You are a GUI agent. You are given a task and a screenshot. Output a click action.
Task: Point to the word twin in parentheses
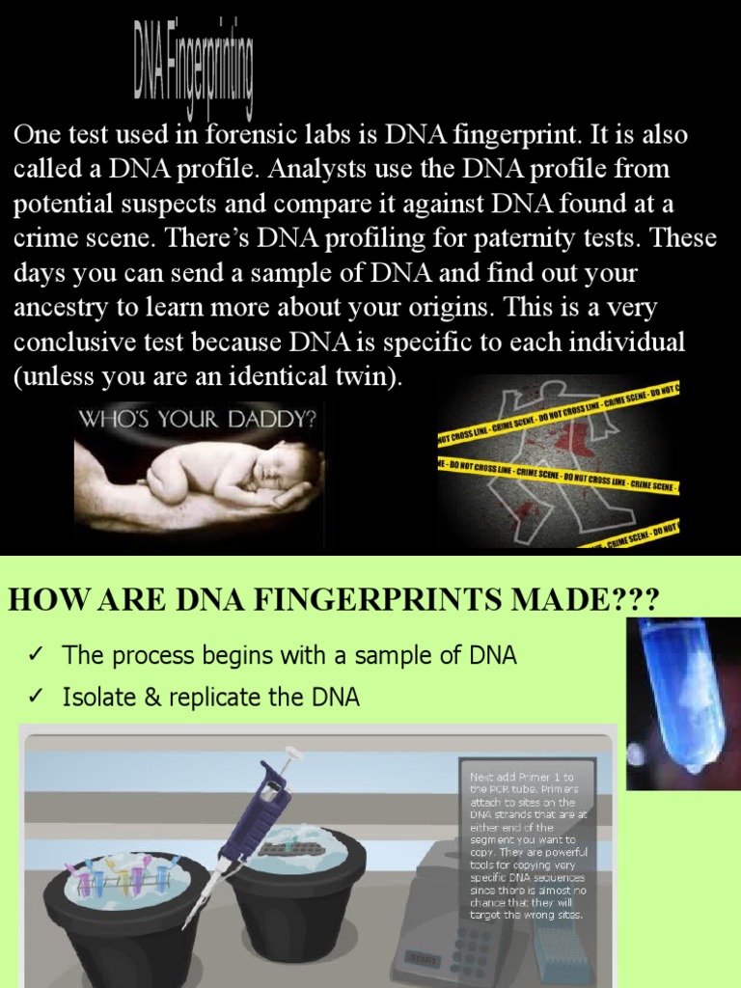363,377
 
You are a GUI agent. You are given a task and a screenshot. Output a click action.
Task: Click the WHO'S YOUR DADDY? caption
200,420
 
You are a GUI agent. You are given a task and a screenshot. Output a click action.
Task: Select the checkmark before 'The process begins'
35,656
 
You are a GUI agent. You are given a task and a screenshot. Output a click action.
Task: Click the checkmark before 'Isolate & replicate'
35,698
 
